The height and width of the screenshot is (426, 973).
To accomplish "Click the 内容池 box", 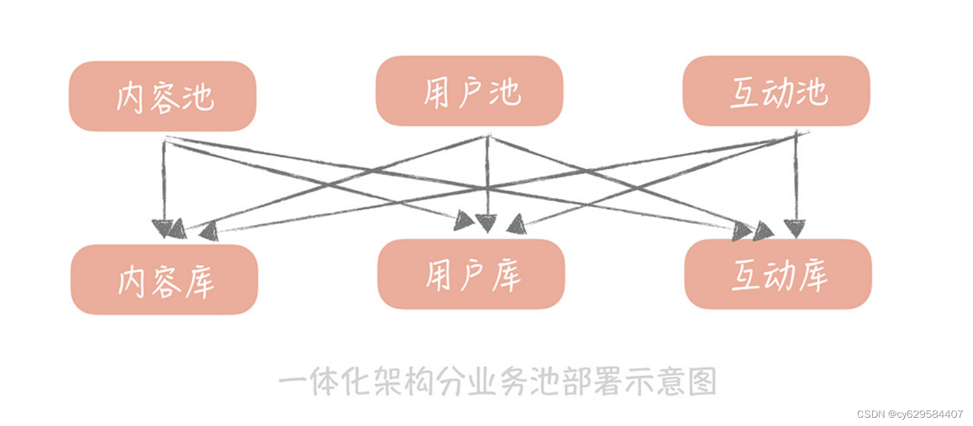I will click(x=162, y=96).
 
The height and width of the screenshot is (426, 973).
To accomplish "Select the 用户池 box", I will click(x=469, y=91).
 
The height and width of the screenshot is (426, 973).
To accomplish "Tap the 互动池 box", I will click(x=776, y=91).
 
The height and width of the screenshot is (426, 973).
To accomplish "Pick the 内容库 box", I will click(x=164, y=279).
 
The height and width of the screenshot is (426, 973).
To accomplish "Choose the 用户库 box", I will click(x=471, y=274).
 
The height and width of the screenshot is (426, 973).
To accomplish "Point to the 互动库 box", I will click(x=778, y=274).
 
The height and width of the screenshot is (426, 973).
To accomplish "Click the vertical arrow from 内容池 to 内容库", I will click(x=164, y=184).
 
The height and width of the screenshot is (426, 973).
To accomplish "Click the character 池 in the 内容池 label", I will click(x=198, y=98).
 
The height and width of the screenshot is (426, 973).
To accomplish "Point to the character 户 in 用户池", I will click(x=470, y=92).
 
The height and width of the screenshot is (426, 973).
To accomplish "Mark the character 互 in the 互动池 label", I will click(x=745, y=93).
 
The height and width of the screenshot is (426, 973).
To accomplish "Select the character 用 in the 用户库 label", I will click(x=438, y=276).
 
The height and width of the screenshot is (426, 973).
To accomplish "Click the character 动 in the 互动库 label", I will click(x=779, y=275).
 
